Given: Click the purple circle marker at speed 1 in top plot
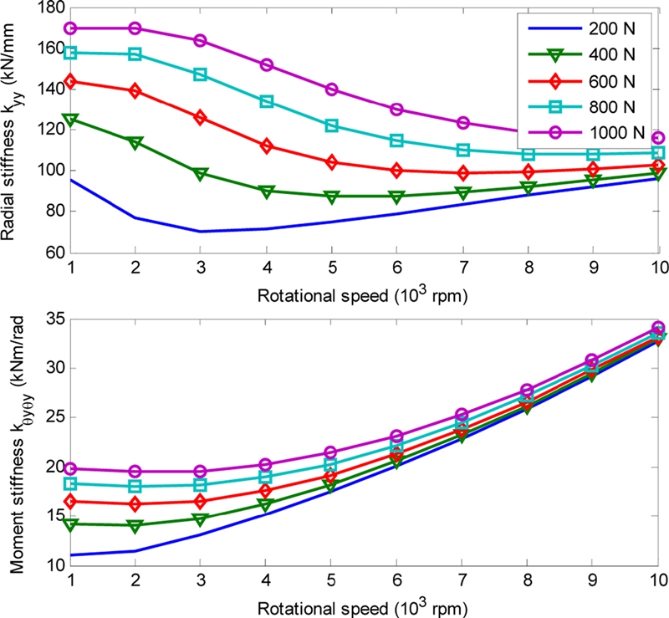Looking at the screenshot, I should [x=71, y=28].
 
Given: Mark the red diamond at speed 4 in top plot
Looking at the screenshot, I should [x=266, y=146].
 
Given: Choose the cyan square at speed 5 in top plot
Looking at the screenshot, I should [x=331, y=125].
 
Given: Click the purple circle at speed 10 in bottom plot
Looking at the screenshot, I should [x=658, y=329].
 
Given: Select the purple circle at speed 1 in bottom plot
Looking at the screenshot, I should [x=71, y=469].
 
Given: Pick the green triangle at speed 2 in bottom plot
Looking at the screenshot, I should [x=135, y=525].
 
